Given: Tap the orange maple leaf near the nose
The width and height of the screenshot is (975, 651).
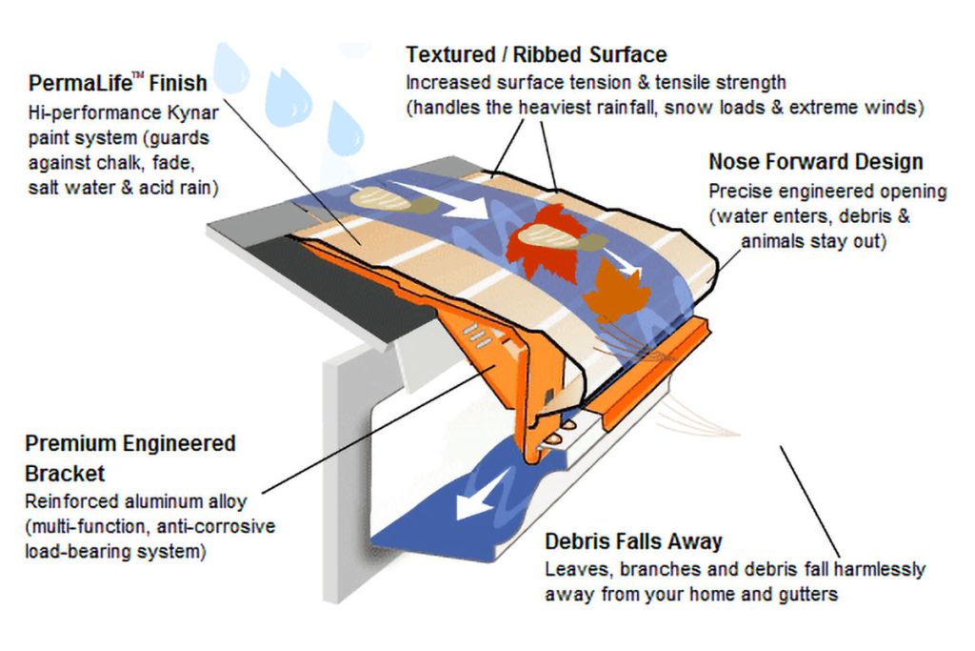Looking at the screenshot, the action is tap(616, 290).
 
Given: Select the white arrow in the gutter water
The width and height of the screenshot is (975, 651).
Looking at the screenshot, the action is tap(479, 496).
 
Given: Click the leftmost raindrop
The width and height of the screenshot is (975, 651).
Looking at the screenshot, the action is tap(230, 69).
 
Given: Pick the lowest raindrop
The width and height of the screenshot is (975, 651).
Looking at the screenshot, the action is tap(345, 129).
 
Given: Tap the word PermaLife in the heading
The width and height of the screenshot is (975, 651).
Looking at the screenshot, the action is tap(80, 83).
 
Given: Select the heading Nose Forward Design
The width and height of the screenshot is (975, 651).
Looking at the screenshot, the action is tap(816, 162).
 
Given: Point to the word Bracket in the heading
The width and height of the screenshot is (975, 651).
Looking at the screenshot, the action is tap(65, 474).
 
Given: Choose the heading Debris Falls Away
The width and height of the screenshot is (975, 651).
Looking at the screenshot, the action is tap(633, 541).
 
